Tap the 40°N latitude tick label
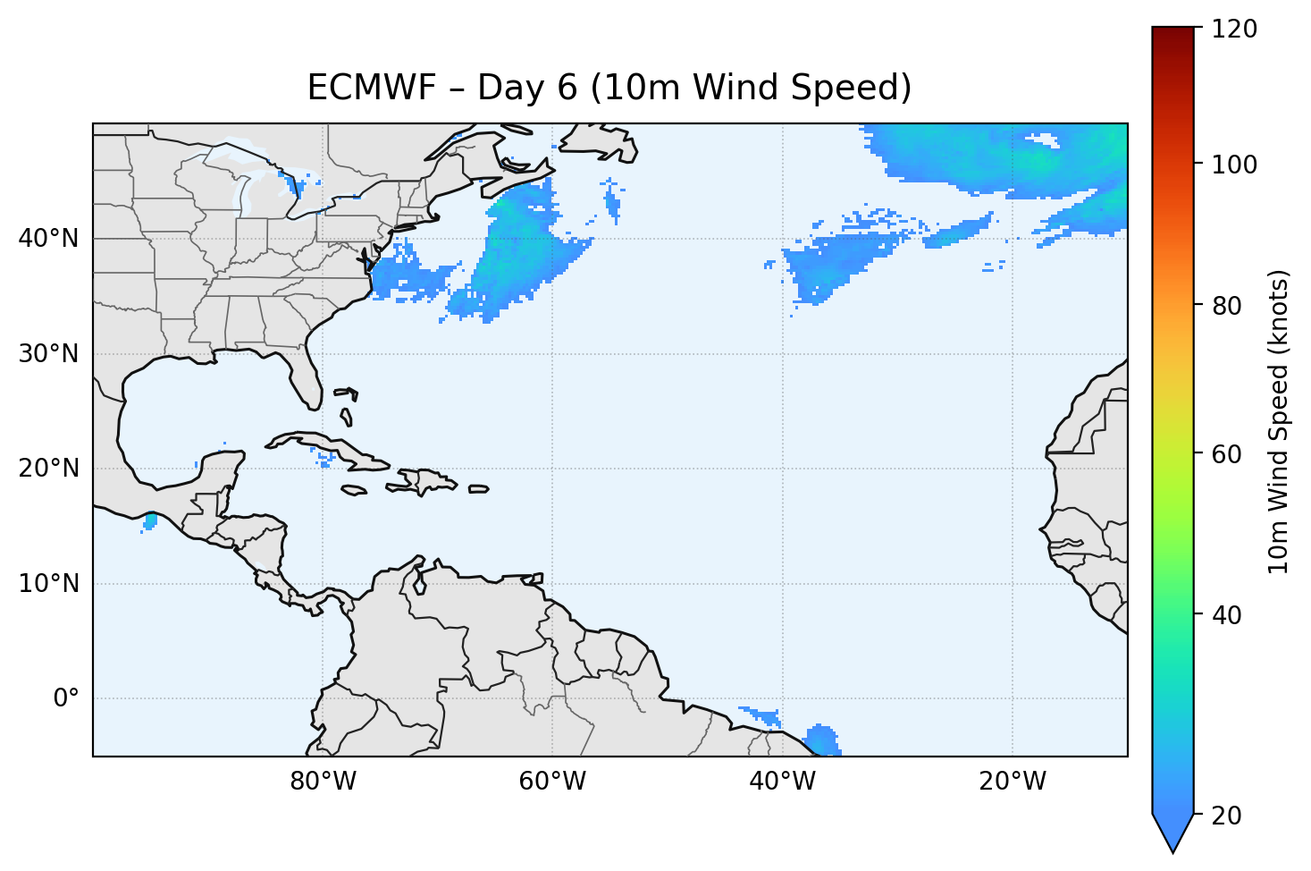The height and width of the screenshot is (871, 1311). tap(48, 239)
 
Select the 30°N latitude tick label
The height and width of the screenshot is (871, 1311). tap(48, 354)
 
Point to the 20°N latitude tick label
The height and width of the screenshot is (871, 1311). tap(48, 469)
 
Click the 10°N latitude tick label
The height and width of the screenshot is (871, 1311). tap(48, 584)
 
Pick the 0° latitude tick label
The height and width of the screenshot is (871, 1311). tap(65, 698)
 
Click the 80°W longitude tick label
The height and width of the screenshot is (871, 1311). tap(323, 782)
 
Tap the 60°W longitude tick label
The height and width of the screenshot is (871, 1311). tap(552, 782)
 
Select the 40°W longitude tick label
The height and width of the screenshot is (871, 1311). tap(782, 782)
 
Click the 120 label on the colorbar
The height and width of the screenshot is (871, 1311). tap(1233, 30)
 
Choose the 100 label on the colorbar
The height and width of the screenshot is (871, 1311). tap(1233, 165)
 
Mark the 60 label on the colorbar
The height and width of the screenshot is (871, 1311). tap(1227, 454)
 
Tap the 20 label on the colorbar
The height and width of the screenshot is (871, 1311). tap(1227, 816)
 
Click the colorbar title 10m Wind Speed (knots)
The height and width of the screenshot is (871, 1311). tap(1279, 422)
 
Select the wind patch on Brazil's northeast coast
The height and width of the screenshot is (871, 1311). tap(822, 741)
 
